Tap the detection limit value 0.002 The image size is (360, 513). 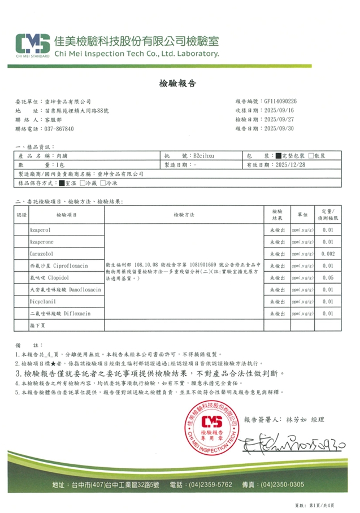tap(328, 254)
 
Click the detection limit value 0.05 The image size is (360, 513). tap(328, 278)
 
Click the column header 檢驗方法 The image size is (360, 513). tap(184, 215)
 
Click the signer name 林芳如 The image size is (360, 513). tap(297, 419)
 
